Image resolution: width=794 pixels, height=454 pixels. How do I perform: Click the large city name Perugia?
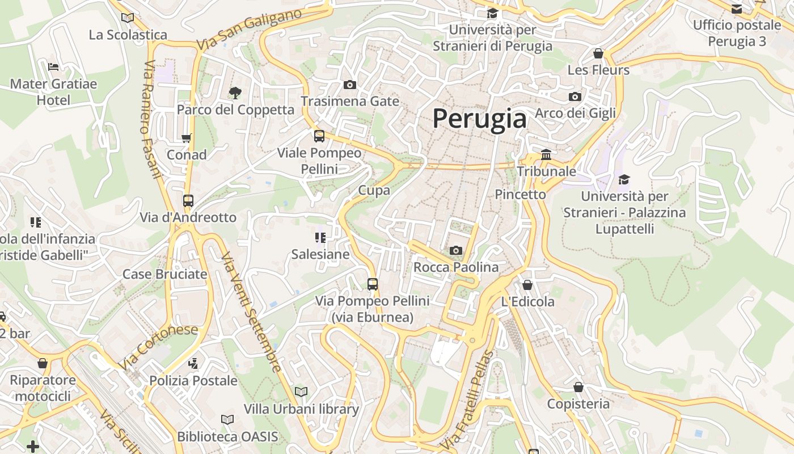(479, 119)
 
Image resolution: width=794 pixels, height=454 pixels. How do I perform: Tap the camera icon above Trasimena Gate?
(350, 85)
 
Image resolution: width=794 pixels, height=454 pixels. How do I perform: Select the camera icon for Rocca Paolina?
(455, 250)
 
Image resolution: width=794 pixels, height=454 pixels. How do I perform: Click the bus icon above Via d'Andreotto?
(188, 201)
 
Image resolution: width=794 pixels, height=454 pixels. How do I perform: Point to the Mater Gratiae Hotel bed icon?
(53, 67)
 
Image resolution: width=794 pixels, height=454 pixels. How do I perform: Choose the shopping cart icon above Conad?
(186, 138)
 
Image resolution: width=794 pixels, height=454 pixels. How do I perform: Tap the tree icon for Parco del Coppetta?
(235, 93)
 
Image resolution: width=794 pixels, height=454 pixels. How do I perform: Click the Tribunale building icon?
(546, 154)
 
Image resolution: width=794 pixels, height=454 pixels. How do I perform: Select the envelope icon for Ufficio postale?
(737, 9)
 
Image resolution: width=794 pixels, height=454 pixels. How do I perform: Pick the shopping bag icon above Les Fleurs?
(598, 54)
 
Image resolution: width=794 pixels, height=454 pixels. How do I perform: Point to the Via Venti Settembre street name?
(251, 312)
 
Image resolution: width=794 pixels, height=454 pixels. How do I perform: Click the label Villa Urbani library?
(301, 409)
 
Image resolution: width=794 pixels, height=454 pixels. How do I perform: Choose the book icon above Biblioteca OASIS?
(227, 419)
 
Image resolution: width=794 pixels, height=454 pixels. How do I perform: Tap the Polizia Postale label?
(193, 380)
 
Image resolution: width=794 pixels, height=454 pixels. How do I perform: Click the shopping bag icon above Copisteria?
(578, 388)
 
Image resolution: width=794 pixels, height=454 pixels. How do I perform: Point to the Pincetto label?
(520, 194)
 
